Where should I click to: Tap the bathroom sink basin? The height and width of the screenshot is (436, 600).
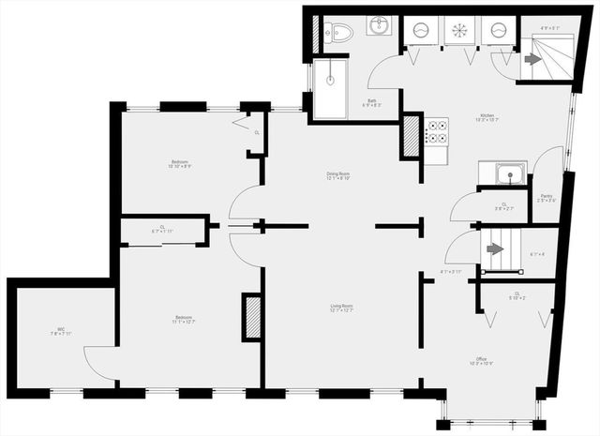click(379, 25)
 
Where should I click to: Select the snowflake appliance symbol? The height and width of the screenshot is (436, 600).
click(457, 29)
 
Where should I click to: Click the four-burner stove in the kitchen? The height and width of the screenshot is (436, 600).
click(437, 132)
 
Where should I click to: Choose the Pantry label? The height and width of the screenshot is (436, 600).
click(546, 197)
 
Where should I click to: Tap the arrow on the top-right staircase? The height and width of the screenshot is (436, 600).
click(532, 59)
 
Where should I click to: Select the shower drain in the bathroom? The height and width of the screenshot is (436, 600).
click(330, 80)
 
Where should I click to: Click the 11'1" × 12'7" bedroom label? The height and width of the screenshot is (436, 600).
click(184, 319)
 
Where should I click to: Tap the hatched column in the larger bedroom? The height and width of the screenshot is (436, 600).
click(250, 316)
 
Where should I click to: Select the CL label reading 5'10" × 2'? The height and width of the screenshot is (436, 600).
click(517, 295)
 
